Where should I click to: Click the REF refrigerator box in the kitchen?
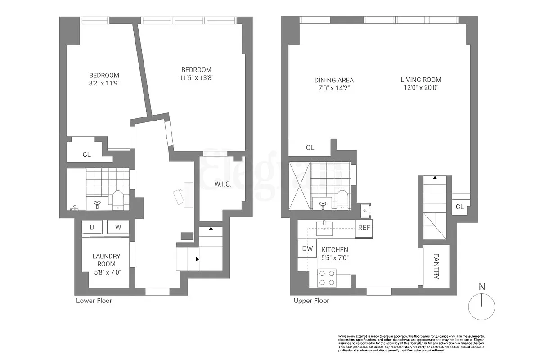tap(364, 228)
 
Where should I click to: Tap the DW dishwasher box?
tap(307, 248)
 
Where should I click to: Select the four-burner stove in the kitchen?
tap(327, 277)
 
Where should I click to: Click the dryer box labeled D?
tap(92, 227)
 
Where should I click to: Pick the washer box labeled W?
tap(118, 227)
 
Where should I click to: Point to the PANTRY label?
tap(436, 266)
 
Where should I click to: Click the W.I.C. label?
tap(222, 184)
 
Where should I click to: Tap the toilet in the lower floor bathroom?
tap(118, 199)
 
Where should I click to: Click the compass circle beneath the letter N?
tap(482, 306)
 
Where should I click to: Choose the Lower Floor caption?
tap(94, 301)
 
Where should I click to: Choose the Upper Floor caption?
tap(311, 301)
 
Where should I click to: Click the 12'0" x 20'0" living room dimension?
tap(421, 88)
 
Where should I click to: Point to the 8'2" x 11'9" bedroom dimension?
tap(104, 83)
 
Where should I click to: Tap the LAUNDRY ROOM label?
tap(106, 260)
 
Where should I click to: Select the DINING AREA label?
tap(334, 80)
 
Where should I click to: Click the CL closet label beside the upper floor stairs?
tap(459, 207)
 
